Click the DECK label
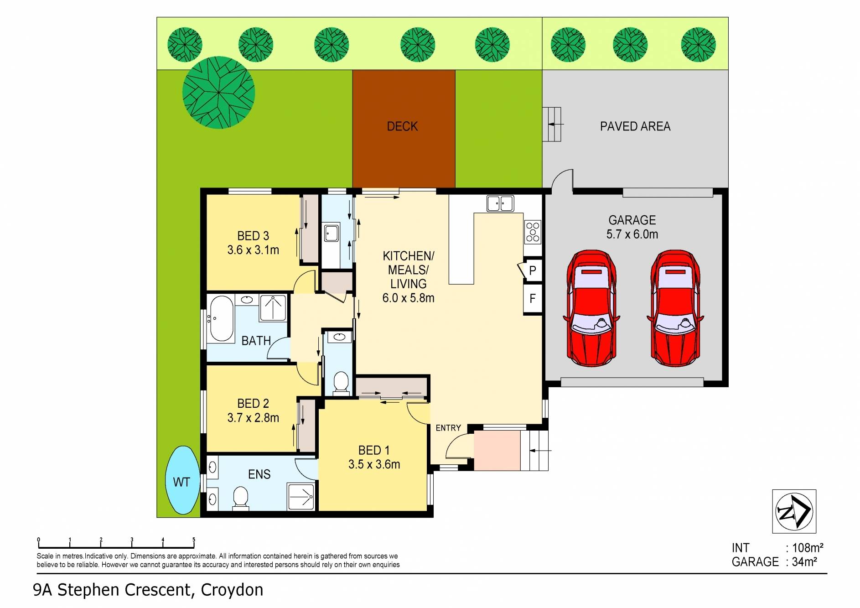(402, 126)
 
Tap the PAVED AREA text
(635, 126)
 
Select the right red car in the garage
(675, 308)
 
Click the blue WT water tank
(181, 481)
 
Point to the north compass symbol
(793, 511)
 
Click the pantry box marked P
(532, 271)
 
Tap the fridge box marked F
(532, 299)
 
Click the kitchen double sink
(500, 203)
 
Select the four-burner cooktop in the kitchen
(533, 232)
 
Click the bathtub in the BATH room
(220, 318)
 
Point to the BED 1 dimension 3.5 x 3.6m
(374, 464)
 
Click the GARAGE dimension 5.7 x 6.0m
(632, 234)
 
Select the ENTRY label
(448, 428)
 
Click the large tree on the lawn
(218, 93)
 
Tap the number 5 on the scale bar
(194, 540)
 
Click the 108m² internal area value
(808, 548)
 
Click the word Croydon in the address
(232, 590)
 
